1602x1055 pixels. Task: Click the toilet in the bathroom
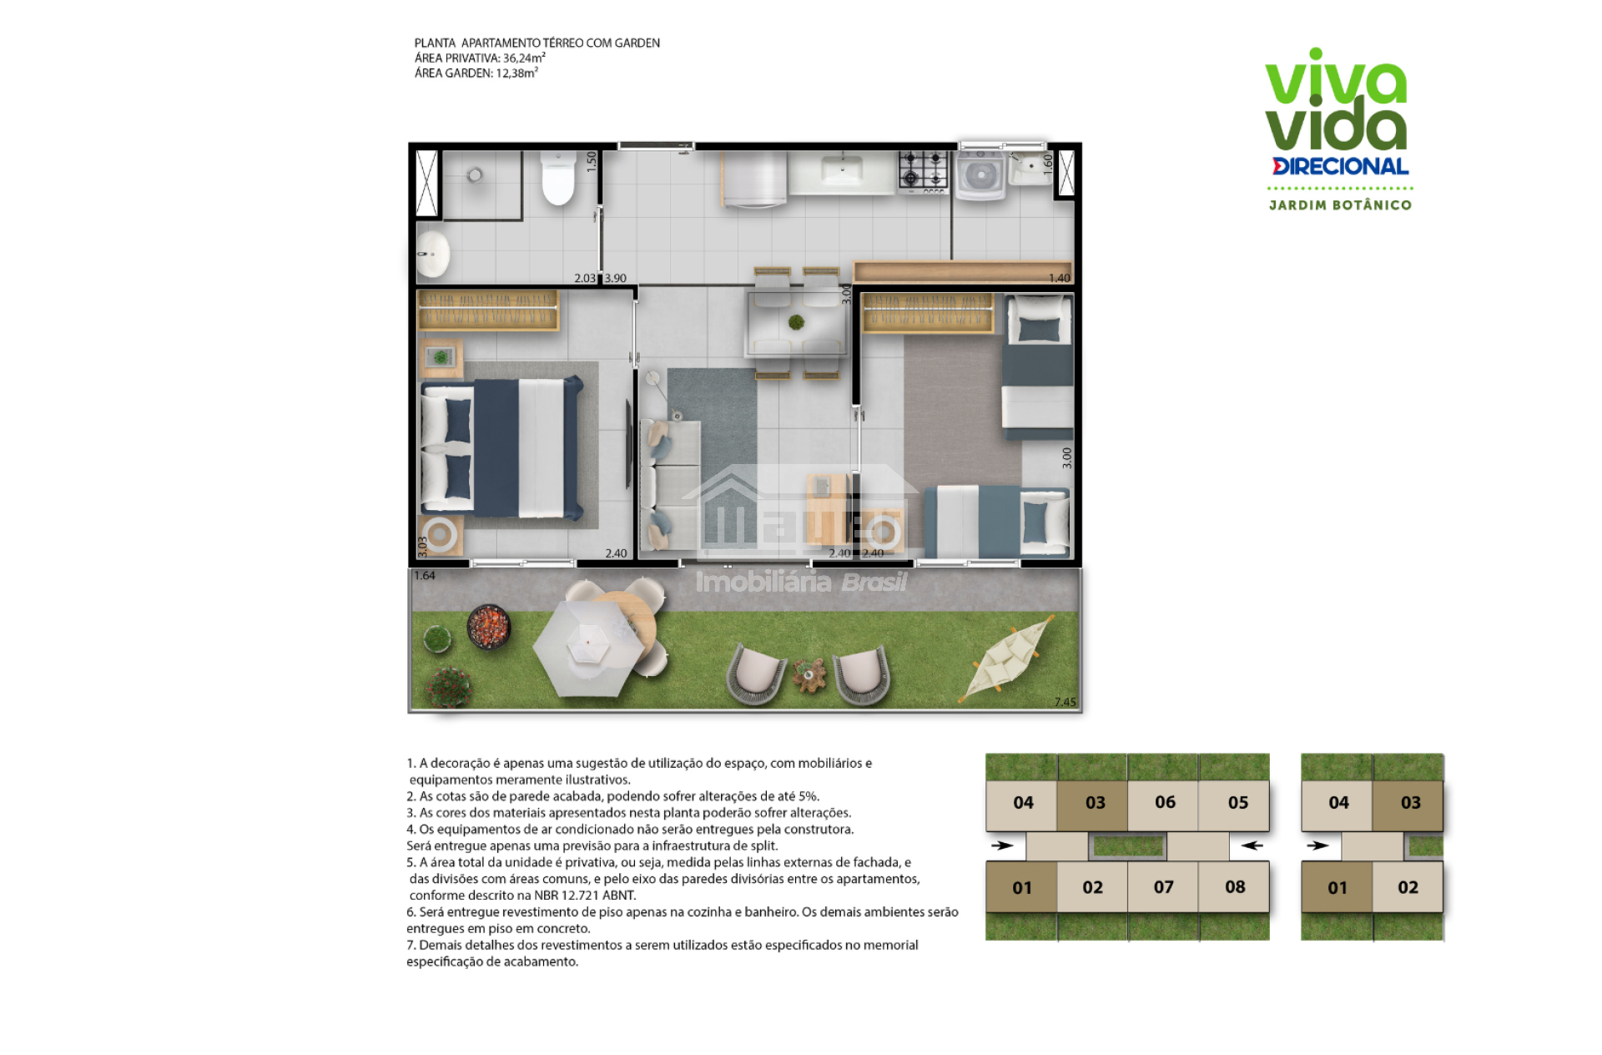pos(558,177)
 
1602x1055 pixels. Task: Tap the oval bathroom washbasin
pos(434,253)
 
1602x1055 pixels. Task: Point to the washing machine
pos(980,174)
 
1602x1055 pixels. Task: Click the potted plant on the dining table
pos(797,321)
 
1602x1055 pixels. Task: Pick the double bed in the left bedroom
pos(501,447)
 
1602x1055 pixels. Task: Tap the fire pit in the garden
pos(488,625)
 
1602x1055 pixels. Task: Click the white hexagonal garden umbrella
pos(588,648)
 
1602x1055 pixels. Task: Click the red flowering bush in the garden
pos(449,686)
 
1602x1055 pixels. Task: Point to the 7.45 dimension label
pos(1065,702)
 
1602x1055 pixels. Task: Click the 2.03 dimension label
pos(585,278)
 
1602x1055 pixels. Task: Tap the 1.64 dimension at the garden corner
pos(425,575)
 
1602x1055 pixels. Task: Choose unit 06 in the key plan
pos(1164,803)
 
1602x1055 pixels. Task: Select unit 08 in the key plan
pos(1234,886)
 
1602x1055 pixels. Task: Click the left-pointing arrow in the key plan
pos(1252,846)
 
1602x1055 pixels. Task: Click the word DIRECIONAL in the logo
pos(1341,166)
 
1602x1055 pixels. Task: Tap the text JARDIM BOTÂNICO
pos(1340,205)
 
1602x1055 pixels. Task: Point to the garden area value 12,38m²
pos(517,73)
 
